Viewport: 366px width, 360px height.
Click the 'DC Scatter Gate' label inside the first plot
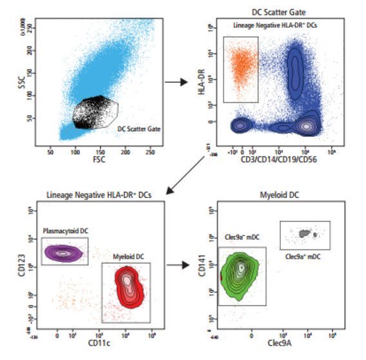pos(139,128)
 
